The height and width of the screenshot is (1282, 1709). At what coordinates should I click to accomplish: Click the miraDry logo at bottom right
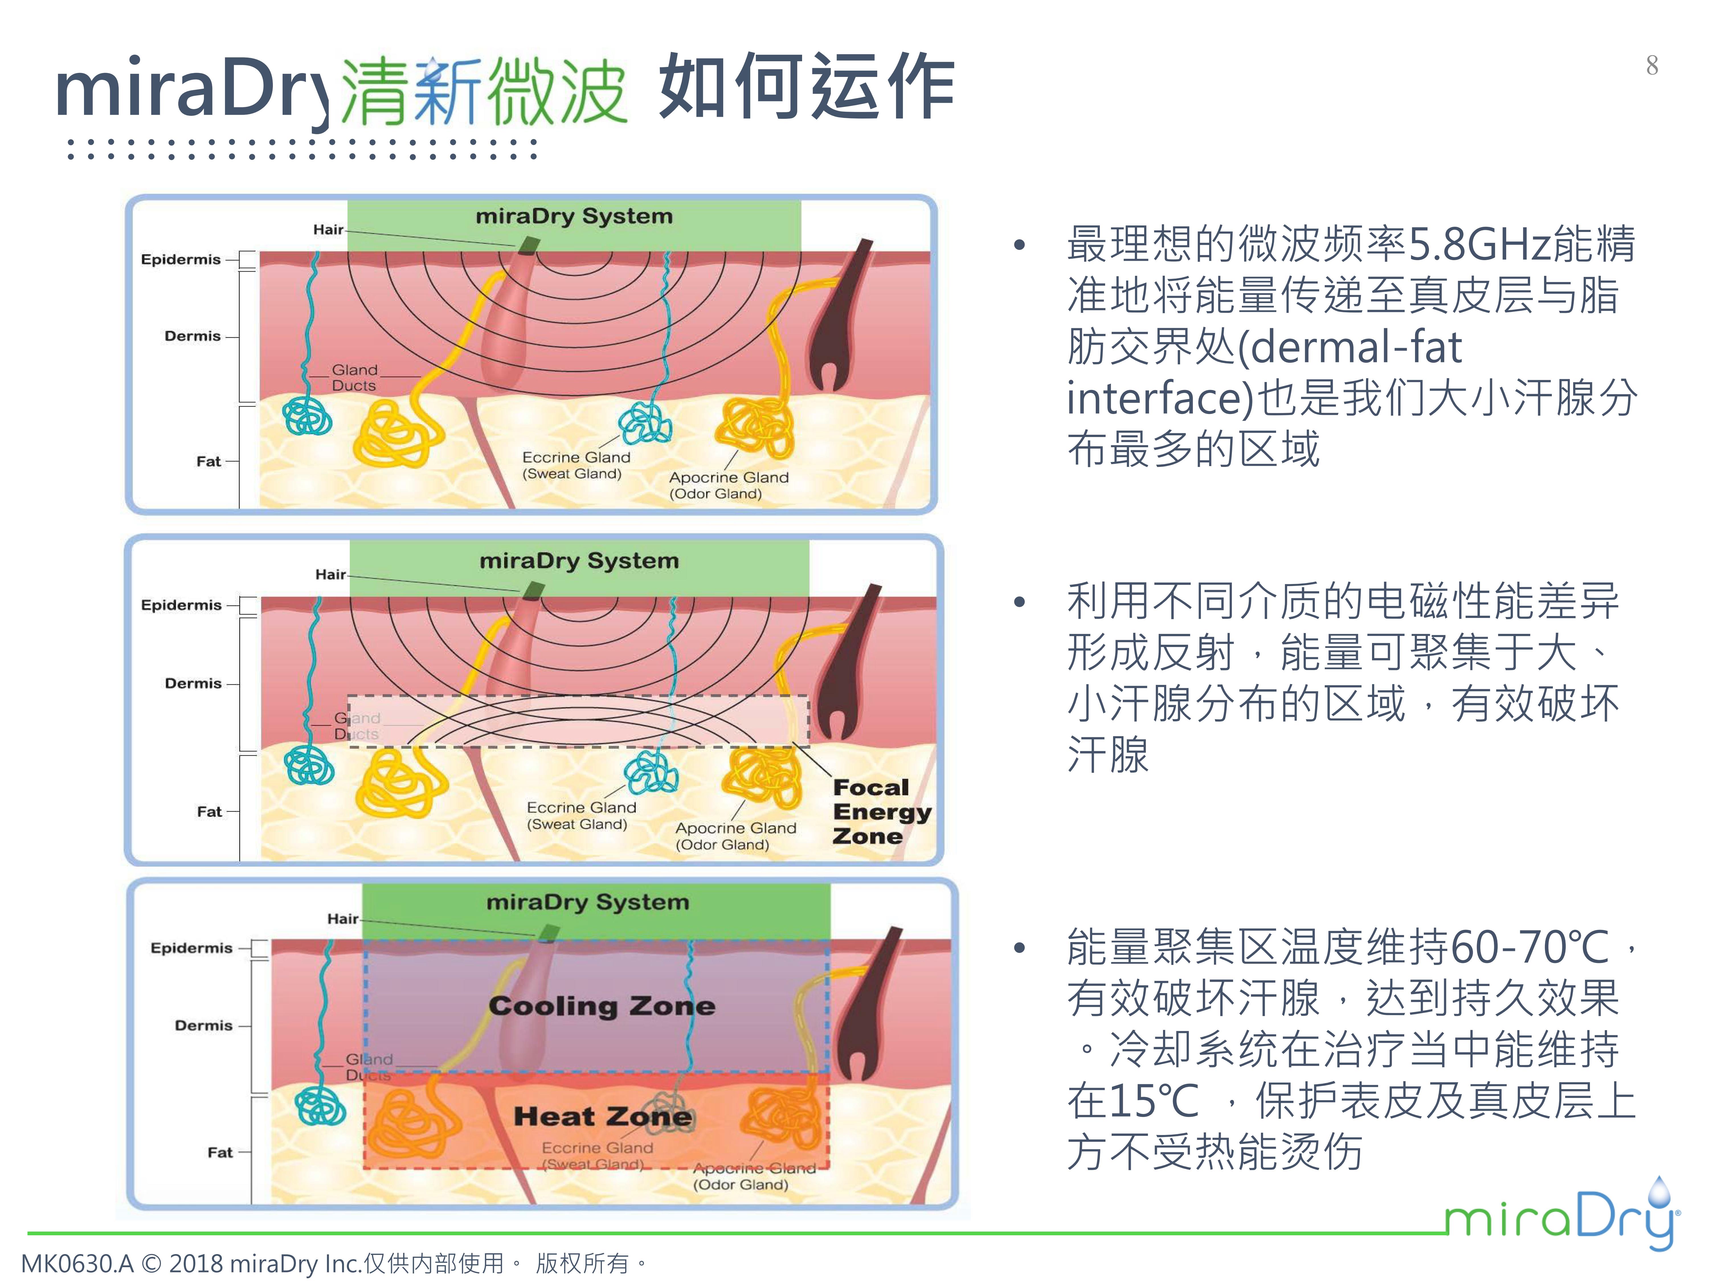click(1561, 1217)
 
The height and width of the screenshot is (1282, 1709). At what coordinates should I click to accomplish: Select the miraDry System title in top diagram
click(574, 216)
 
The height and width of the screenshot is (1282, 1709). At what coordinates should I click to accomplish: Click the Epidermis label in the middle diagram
click(181, 605)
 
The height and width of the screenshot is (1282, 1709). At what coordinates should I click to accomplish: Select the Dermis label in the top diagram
click(192, 336)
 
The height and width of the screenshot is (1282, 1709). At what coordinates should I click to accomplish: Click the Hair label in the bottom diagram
click(342, 919)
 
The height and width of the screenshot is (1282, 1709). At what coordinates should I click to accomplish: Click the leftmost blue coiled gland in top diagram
click(307, 417)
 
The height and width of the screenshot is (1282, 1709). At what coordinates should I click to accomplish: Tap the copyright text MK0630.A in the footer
click(77, 1263)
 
